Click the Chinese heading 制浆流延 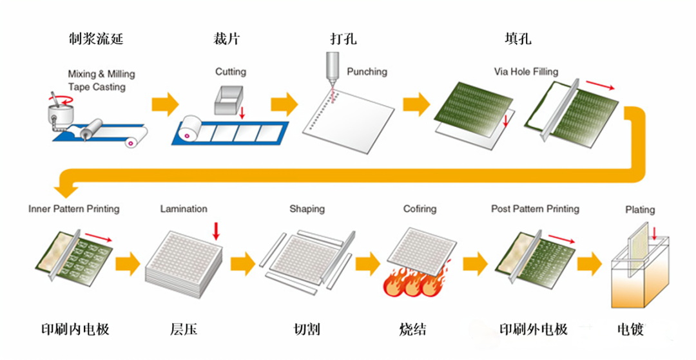(x=95, y=39)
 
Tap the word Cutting (x=230, y=72)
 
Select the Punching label (x=367, y=72)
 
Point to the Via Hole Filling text (x=526, y=71)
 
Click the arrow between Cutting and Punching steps (x=284, y=104)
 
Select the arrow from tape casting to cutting (x=165, y=104)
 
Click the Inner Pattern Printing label (x=73, y=209)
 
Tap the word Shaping (x=307, y=209)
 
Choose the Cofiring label (x=420, y=209)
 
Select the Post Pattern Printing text (x=535, y=209)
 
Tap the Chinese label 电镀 (x=630, y=330)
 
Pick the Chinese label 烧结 (x=412, y=329)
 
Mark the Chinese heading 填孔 (x=517, y=39)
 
